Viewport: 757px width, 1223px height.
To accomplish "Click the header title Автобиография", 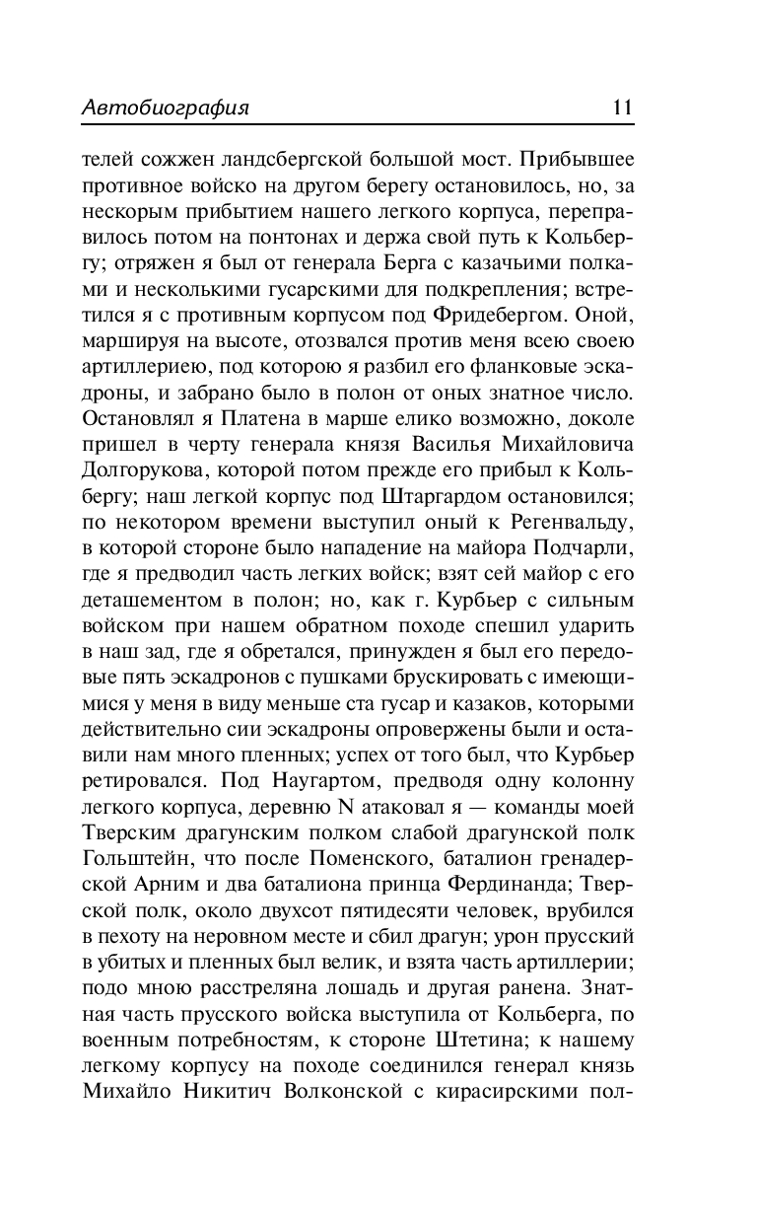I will (x=166, y=108).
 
